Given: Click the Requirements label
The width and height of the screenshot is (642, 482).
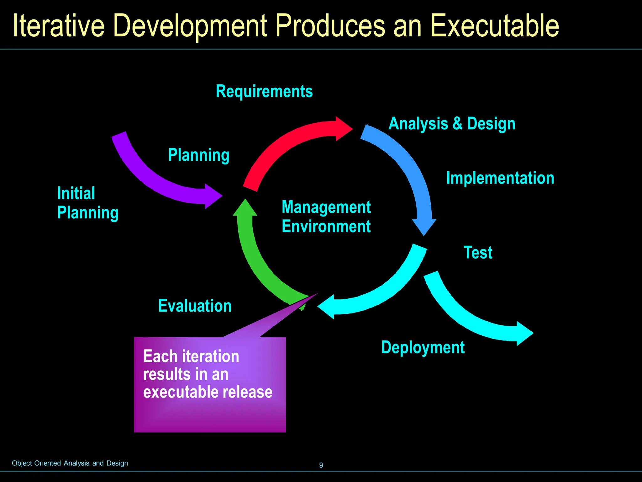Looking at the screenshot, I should tap(264, 92).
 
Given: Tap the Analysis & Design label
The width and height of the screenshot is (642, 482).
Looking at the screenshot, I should tap(452, 124).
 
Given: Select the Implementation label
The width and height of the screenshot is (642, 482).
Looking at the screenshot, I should tap(500, 178).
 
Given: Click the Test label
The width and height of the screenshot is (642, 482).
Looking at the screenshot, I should tap(478, 253).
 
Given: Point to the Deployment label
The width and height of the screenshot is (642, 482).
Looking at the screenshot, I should tap(423, 347).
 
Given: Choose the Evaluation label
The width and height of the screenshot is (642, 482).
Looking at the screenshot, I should tap(195, 306).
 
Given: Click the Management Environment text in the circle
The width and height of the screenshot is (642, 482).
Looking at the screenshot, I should tap(326, 217).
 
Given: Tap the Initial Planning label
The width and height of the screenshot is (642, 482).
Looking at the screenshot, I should tap(87, 203).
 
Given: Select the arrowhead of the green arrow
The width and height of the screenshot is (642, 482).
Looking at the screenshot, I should tap(245, 208).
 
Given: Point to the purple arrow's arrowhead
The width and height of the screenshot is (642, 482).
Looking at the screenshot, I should tap(212, 196).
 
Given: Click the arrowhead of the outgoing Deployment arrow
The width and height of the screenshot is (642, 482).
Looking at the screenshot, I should tap(524, 333).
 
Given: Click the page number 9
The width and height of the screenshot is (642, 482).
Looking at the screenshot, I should tap(321, 465).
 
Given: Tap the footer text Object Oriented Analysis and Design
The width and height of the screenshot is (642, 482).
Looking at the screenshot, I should tap(70, 463).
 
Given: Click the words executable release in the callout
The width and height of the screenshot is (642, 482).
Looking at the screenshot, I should tap(208, 392).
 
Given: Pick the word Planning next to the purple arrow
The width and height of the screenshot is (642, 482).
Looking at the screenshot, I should tap(199, 155).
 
